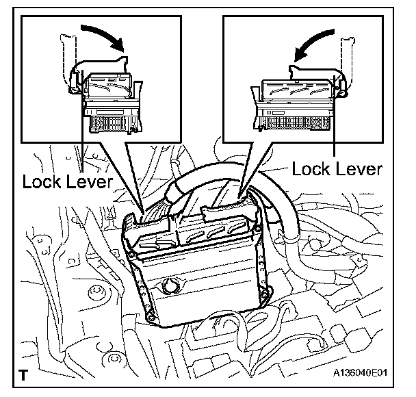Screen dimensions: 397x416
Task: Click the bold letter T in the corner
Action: pyautogui.click(x=25, y=374)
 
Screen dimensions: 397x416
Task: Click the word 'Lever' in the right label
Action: pyautogui.click(x=359, y=168)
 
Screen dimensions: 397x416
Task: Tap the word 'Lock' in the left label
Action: pyautogui.click(x=40, y=182)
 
